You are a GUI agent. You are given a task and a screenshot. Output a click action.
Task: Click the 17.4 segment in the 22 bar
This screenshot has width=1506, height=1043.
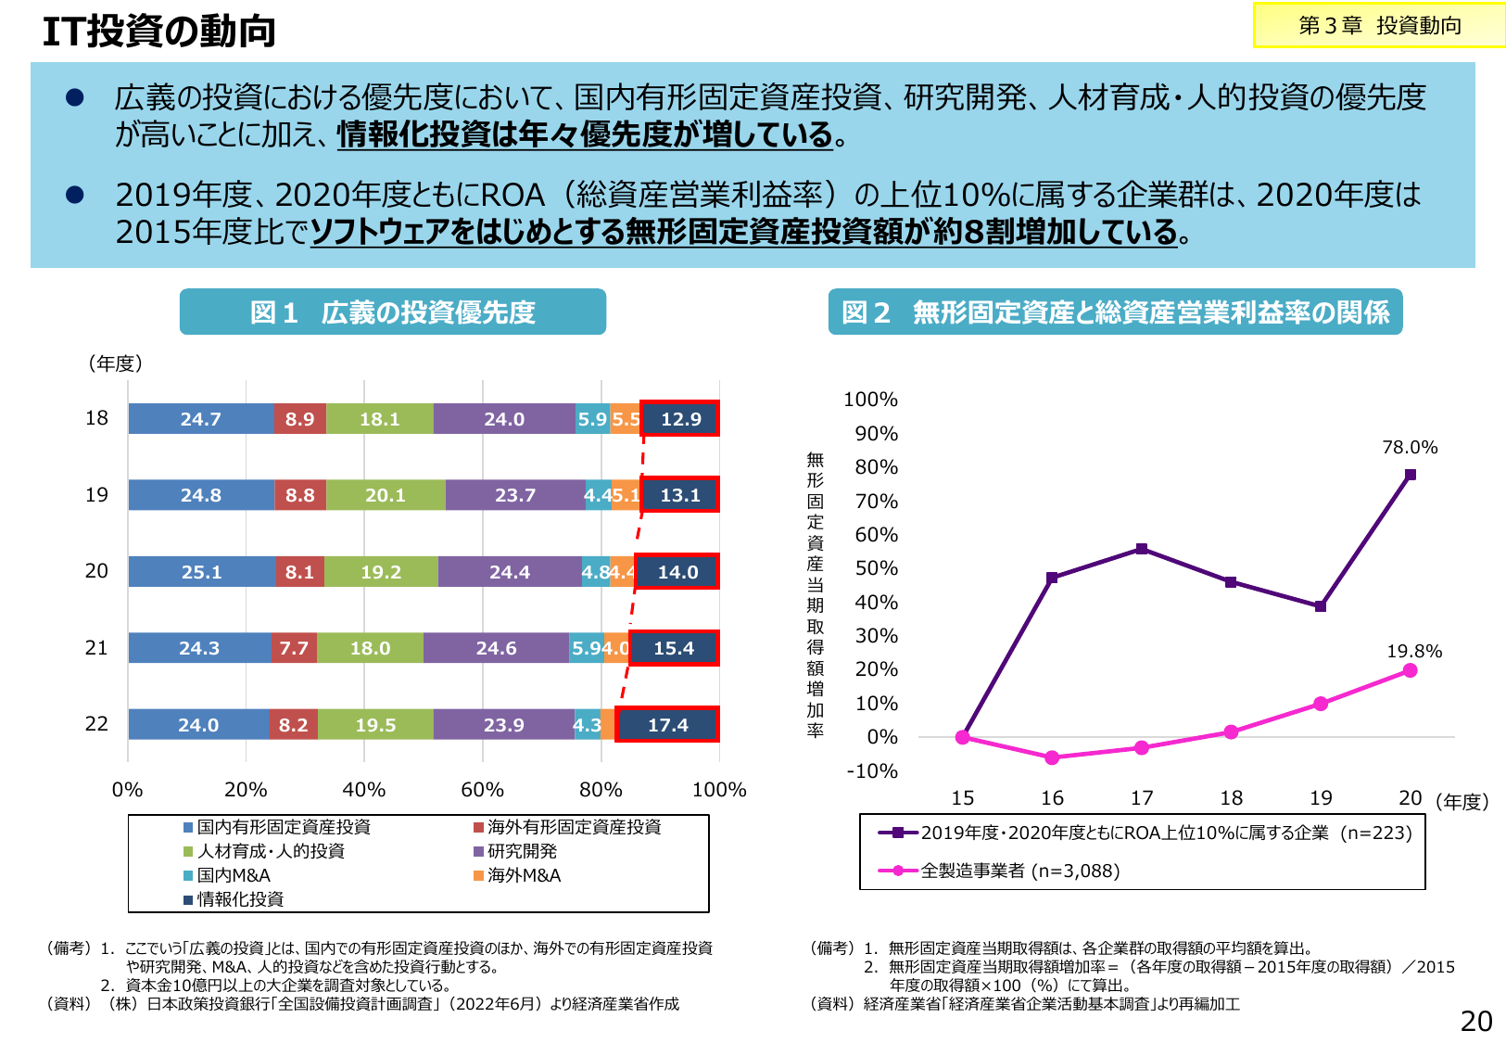667,725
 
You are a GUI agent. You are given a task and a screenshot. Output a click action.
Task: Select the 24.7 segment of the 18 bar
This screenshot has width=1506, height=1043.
201,419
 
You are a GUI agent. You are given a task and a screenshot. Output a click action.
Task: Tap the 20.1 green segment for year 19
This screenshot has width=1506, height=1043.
386,495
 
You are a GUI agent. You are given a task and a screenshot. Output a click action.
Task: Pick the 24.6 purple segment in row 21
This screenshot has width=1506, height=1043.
496,648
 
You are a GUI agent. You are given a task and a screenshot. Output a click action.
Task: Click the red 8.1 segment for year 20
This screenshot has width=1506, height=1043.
299,572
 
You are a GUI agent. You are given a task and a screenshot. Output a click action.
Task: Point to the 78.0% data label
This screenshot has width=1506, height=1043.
1410,448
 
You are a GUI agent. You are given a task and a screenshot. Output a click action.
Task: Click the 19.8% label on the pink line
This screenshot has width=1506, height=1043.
1413,652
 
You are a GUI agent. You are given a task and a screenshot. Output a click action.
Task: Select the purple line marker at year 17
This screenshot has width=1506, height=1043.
1142,549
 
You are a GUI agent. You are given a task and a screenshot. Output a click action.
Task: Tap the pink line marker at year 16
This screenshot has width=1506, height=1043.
1052,757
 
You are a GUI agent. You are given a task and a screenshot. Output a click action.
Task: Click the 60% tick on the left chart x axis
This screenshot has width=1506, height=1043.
482,790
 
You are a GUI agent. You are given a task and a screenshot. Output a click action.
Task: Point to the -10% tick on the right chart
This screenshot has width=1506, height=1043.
872,771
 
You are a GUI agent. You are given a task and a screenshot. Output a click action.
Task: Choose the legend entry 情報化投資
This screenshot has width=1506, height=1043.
239,899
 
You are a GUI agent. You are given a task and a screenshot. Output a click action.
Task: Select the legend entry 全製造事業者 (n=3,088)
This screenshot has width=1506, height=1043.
1019,871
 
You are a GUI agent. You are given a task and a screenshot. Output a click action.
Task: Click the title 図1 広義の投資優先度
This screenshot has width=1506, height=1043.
392,312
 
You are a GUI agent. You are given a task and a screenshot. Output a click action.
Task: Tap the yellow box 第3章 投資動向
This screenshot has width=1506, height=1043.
1379,26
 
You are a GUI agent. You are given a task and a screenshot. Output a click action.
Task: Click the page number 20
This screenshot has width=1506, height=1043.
1475,1022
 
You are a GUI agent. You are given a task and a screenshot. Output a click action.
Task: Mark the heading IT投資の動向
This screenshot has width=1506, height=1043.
159,32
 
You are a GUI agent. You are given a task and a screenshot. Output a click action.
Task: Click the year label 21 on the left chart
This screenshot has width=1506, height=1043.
96,648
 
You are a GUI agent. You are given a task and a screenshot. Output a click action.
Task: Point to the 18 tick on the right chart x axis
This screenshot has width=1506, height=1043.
1231,798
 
